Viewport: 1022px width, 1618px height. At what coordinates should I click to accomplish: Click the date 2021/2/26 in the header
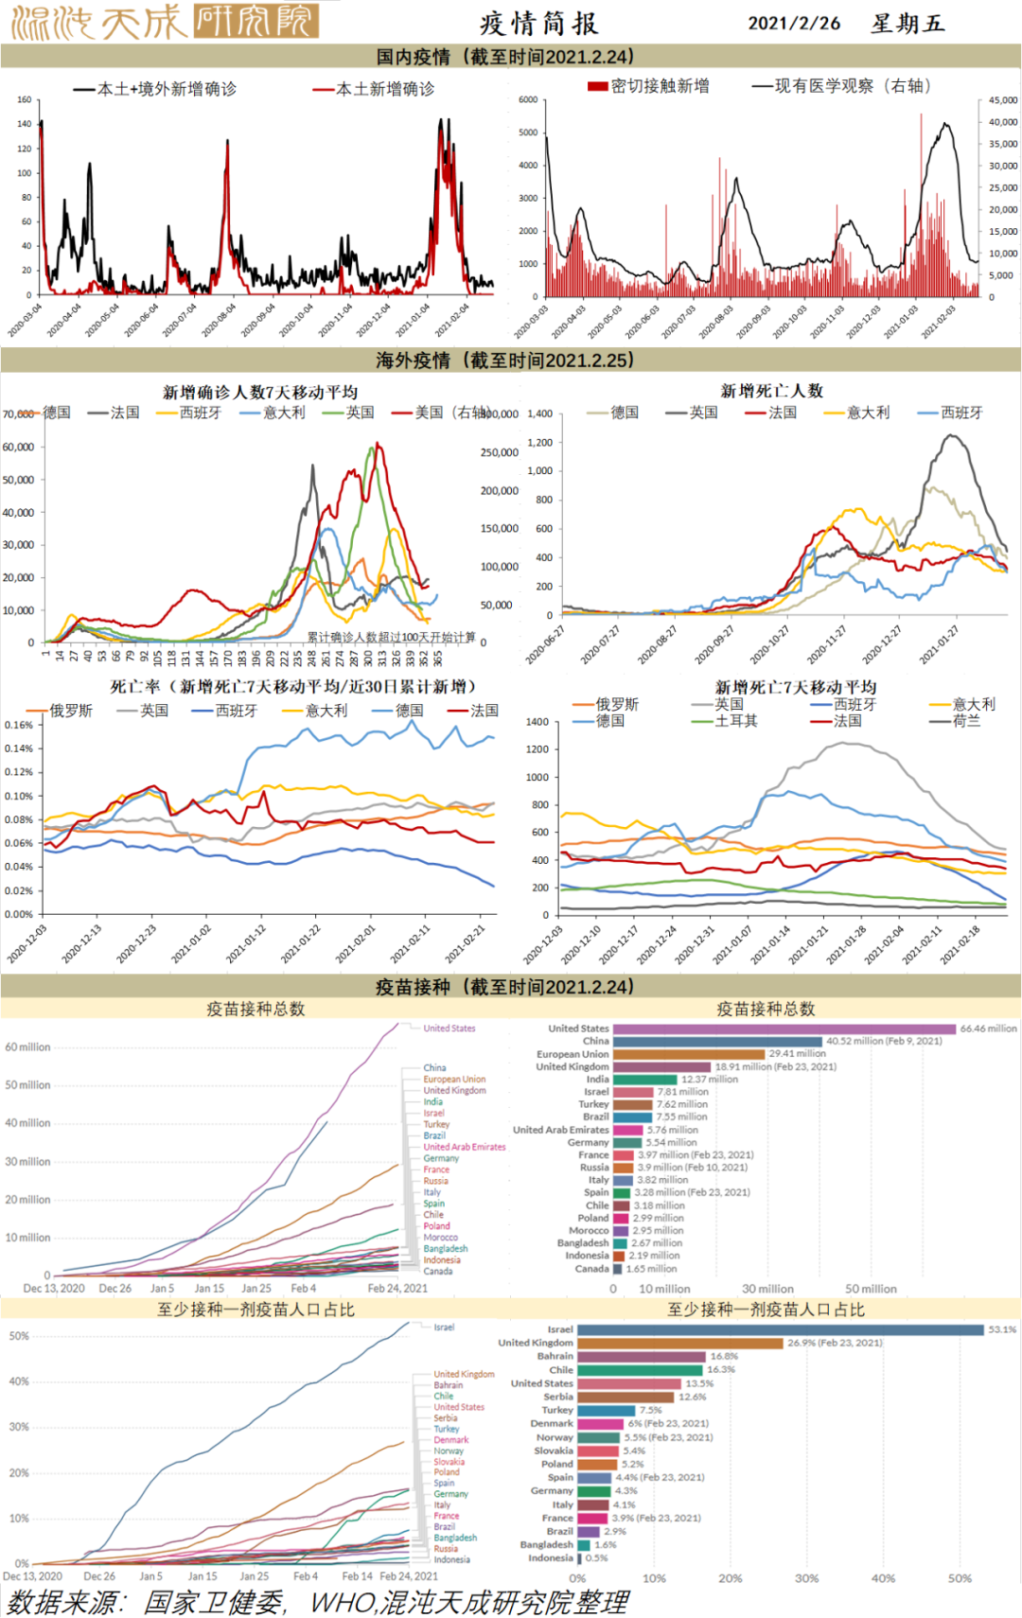point(793,24)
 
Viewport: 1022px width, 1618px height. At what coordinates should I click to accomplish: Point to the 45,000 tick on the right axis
point(1002,100)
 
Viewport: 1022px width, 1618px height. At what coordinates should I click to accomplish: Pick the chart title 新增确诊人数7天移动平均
point(260,392)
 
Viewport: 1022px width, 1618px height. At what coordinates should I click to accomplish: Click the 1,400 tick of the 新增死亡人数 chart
point(539,413)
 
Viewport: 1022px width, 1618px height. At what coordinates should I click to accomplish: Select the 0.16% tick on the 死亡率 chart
point(19,725)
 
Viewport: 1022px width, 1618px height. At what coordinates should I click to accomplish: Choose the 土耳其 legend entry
point(735,721)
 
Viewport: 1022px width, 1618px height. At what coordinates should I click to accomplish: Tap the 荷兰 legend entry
point(966,721)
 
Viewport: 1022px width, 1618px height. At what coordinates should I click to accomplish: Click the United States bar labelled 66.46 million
point(784,1029)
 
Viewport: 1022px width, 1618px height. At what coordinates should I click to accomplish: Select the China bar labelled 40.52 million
point(717,1041)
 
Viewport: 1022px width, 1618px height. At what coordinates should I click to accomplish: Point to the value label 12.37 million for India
point(709,1079)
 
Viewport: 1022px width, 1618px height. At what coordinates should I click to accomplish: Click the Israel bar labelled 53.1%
point(780,1329)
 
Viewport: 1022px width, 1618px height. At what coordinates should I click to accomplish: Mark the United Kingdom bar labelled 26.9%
point(680,1343)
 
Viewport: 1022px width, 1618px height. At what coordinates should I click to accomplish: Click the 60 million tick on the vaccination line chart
point(27,1047)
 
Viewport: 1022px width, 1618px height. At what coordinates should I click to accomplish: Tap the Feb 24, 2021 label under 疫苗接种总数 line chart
point(397,1288)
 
